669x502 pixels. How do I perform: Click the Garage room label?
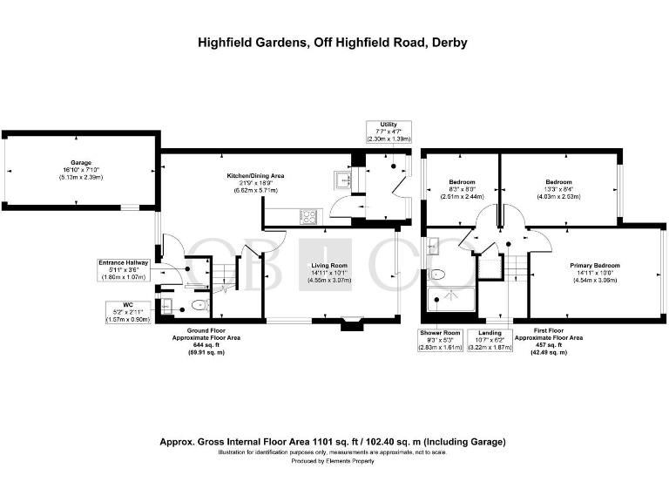[81, 163]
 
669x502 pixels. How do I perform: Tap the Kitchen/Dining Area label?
[255, 176]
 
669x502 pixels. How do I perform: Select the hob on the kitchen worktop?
[308, 214]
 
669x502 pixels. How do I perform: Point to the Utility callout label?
[389, 132]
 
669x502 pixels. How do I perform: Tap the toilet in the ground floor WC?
[199, 305]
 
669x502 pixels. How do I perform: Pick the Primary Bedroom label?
[595, 265]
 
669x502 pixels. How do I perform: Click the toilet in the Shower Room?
[438, 275]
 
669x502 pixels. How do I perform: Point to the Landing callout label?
[485, 339]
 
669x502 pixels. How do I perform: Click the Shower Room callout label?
[440, 339]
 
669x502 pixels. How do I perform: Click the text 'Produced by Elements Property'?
[334, 461]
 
